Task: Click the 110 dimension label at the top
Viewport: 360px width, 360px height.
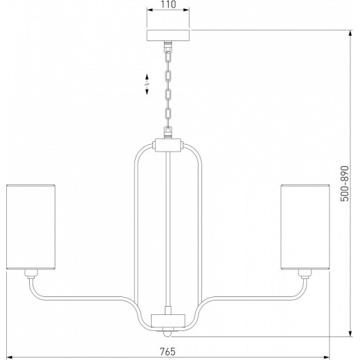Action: [168, 4]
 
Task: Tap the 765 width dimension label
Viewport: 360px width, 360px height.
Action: [168, 352]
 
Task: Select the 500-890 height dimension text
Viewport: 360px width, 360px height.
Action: [345, 183]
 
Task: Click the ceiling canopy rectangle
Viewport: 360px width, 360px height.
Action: [168, 35]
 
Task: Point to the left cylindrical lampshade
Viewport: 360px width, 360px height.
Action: [30, 227]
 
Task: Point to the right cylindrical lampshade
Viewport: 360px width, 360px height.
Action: [305, 227]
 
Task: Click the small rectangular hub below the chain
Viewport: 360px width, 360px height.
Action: [168, 145]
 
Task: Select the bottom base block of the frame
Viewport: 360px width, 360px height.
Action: [168, 321]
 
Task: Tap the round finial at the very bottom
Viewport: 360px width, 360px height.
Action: [168, 333]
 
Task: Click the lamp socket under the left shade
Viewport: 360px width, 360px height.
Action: [31, 273]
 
